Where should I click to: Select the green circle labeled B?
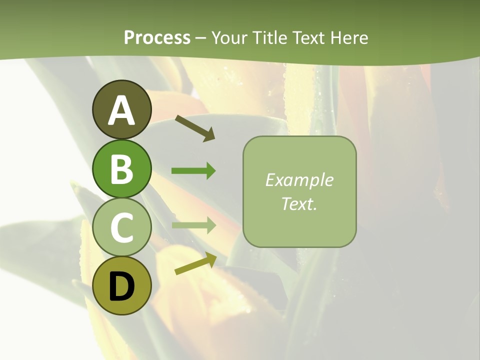click(121, 169)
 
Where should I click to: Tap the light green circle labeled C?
click(121, 227)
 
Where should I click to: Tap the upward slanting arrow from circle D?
click(195, 263)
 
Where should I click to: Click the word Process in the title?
click(157, 37)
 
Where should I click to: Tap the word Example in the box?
click(299, 180)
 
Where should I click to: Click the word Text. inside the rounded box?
click(299, 203)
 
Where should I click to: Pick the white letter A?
click(121, 111)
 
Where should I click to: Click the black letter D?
click(121, 287)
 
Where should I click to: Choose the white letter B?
click(121, 169)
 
